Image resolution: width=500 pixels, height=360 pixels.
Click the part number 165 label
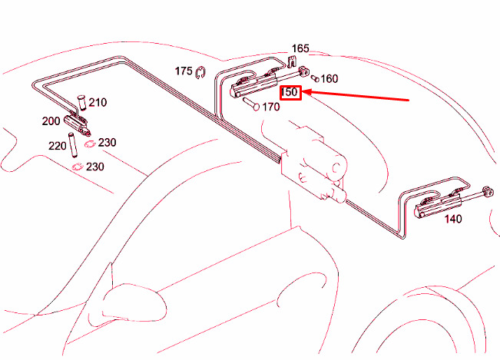300,48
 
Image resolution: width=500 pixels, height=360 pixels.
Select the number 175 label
184,71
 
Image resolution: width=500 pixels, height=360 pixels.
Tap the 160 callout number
329,79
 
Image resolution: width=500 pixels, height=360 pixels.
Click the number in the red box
290,92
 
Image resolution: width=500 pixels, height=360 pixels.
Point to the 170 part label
270,107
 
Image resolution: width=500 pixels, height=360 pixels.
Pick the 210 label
98,103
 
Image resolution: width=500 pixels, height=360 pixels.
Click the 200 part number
51,121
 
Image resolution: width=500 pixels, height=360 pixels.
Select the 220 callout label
58,146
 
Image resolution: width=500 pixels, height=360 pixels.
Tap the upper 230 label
108,143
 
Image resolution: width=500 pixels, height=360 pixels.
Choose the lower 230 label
95,167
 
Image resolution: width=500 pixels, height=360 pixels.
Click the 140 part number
453,219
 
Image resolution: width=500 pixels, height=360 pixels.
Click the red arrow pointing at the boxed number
356,96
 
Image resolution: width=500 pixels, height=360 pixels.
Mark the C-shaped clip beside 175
200,73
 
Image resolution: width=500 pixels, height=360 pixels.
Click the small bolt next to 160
315,78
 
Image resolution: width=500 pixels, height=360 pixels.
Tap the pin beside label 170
252,104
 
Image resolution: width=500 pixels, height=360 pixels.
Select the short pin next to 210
82,102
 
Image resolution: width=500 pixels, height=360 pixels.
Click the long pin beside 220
73,145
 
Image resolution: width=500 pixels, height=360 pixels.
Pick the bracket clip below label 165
291,61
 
